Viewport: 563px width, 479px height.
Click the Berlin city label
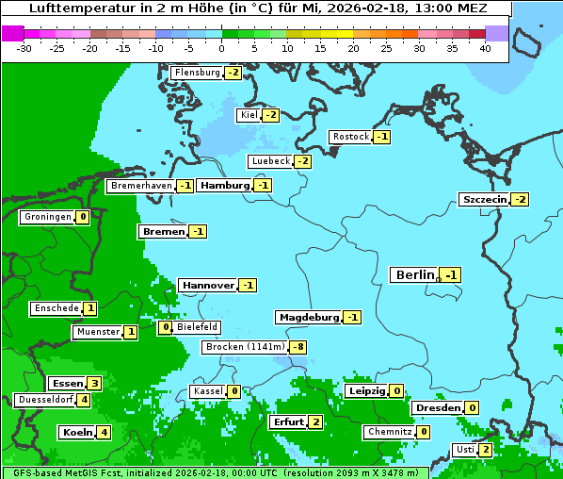click(x=415, y=274)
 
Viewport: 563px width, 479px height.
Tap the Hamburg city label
click(x=224, y=186)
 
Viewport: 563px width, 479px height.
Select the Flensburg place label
click(x=197, y=72)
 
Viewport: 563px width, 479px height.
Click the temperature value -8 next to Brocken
click(x=298, y=347)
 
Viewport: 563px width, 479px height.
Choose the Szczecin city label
click(x=484, y=199)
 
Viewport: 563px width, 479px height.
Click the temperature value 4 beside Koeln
click(x=104, y=432)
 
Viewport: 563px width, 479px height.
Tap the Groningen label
click(x=47, y=217)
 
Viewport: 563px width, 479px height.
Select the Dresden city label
click(x=438, y=407)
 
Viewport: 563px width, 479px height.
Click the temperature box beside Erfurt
click(x=315, y=421)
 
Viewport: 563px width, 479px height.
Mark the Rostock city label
click(x=350, y=137)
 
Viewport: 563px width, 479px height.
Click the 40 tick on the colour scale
click(x=485, y=48)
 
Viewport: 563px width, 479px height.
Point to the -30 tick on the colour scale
click(x=24, y=48)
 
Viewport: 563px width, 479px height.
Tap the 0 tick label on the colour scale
click(x=221, y=48)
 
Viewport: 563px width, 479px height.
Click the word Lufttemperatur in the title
click(x=70, y=8)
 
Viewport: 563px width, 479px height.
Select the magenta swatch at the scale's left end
click(x=12, y=33)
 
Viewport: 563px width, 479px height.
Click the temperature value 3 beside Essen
click(x=93, y=383)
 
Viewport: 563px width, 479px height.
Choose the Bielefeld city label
click(x=197, y=327)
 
